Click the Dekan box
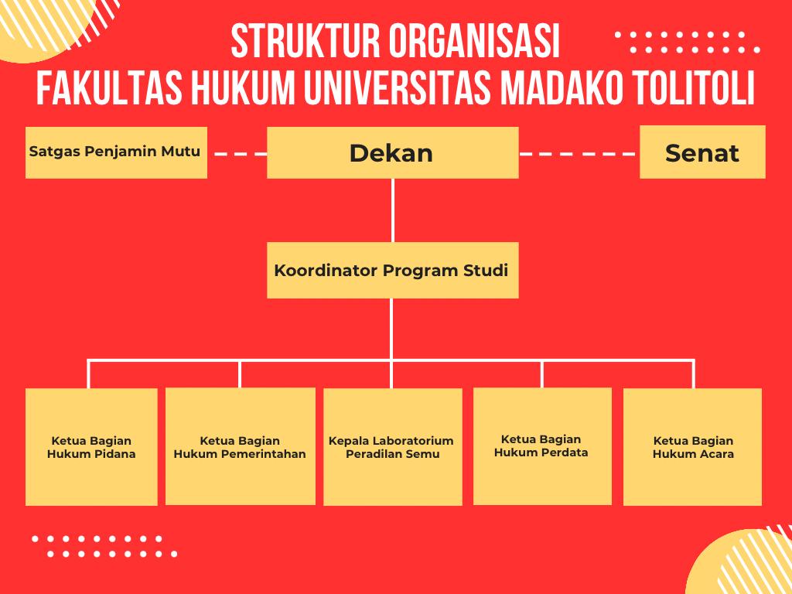point(392,152)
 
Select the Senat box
point(702,152)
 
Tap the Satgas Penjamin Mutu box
point(116,152)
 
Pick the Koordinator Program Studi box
point(392,270)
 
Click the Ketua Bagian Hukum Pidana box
point(91,446)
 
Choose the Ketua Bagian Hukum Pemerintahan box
point(241,446)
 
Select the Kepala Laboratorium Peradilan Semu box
point(392,446)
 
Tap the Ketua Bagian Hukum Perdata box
point(542,446)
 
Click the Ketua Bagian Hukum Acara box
point(692,446)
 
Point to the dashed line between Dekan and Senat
point(579,154)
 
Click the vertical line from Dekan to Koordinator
point(392,210)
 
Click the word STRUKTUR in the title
point(305,42)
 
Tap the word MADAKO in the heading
point(562,87)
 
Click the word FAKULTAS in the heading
point(108,87)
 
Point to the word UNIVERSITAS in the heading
point(397,87)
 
